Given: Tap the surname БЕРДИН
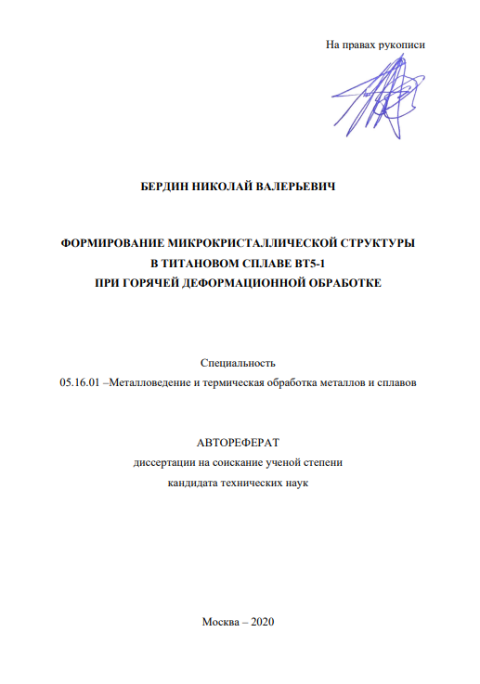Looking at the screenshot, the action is click(163, 187).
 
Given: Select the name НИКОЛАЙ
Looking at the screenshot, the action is click(221, 187).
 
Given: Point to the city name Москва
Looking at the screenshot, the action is click(220, 623).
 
